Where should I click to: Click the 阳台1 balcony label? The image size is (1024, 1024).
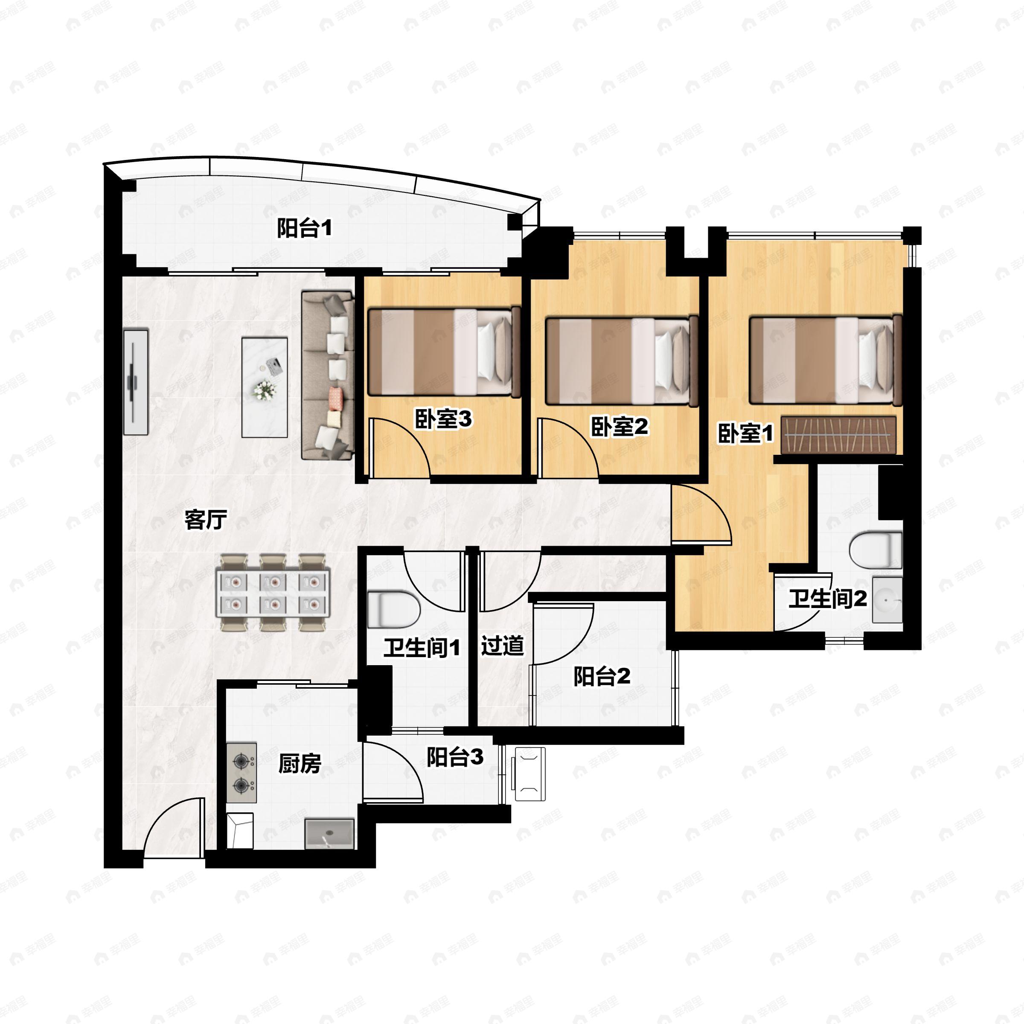[x=305, y=228]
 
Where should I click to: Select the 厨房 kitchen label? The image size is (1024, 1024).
[x=300, y=764]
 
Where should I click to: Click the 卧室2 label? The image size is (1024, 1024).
[x=619, y=427]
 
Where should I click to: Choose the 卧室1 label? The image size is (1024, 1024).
[x=745, y=433]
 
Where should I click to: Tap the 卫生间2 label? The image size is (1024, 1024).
[x=827, y=599]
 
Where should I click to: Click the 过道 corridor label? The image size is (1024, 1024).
[x=503, y=646]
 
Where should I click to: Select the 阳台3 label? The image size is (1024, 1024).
[x=455, y=757]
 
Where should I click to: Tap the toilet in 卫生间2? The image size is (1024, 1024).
[x=875, y=550]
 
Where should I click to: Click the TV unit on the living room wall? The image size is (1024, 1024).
[x=136, y=381]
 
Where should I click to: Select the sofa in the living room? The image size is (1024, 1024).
[x=328, y=375]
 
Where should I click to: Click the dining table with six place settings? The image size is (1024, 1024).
[x=273, y=592]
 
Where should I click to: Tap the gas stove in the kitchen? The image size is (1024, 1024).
[x=241, y=773]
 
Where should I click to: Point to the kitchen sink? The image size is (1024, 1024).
[x=329, y=834]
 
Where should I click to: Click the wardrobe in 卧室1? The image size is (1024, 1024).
[x=838, y=435]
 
